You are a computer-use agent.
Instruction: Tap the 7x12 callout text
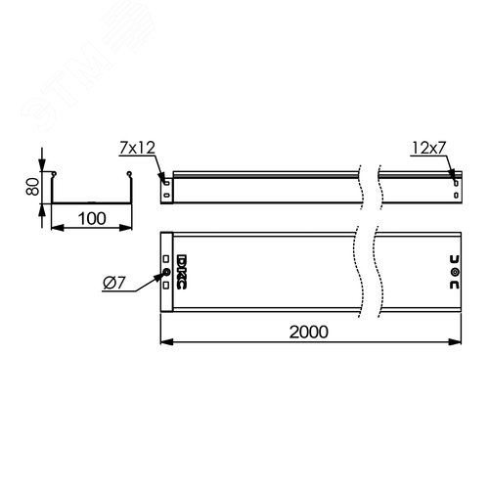click(138, 149)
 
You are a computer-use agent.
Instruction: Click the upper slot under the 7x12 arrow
click(165, 179)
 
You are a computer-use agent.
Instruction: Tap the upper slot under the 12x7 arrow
click(454, 179)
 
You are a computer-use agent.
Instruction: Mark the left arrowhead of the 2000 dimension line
click(164, 342)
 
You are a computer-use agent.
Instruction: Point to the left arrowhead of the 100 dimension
click(53, 229)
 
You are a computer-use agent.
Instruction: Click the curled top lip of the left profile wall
click(54, 176)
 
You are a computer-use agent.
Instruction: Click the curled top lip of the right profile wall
click(128, 176)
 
